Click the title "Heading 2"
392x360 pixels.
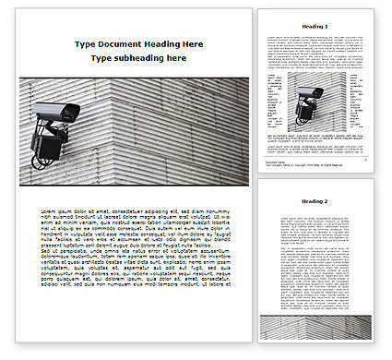pyautogui.click(x=314, y=201)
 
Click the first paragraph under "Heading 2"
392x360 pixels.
pyautogui.click(x=314, y=227)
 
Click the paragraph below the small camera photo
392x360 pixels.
pyautogui.click(x=314, y=142)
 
